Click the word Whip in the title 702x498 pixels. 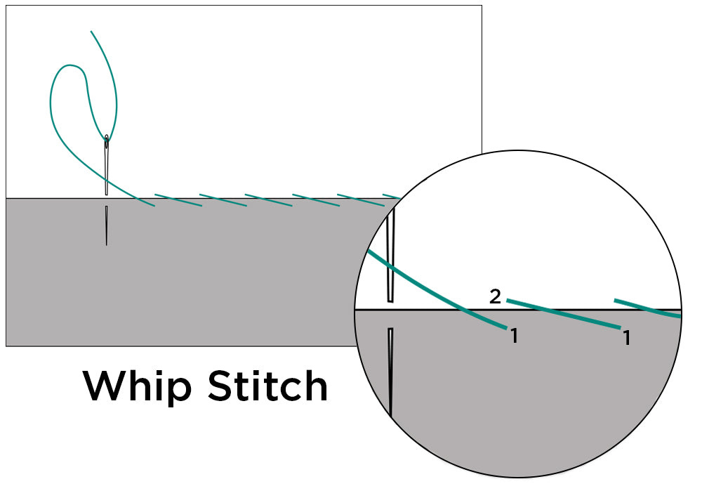coord(137,386)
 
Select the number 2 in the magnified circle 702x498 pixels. coord(495,297)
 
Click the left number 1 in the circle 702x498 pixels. coord(514,336)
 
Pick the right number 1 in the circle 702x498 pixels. coord(625,339)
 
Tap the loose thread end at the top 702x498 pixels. coord(91,32)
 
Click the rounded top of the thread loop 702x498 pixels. coord(67,67)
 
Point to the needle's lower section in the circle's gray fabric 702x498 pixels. coord(390,372)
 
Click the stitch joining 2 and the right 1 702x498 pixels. coord(562,313)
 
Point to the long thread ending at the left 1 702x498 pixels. coord(449,303)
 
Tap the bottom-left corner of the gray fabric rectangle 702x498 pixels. coord(6,346)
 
